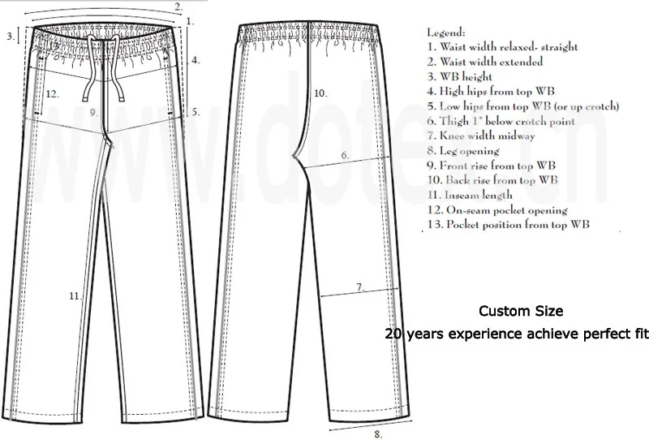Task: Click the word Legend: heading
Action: (447, 32)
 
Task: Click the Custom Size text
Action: (519, 311)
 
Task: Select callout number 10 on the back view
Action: (320, 93)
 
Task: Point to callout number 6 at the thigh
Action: (344, 154)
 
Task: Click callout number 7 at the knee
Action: (359, 287)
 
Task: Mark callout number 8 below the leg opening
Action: (378, 434)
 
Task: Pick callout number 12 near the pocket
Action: (52, 93)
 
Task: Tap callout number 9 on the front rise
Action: (93, 112)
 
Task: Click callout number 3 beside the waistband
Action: (10, 36)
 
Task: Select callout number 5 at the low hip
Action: (195, 113)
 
